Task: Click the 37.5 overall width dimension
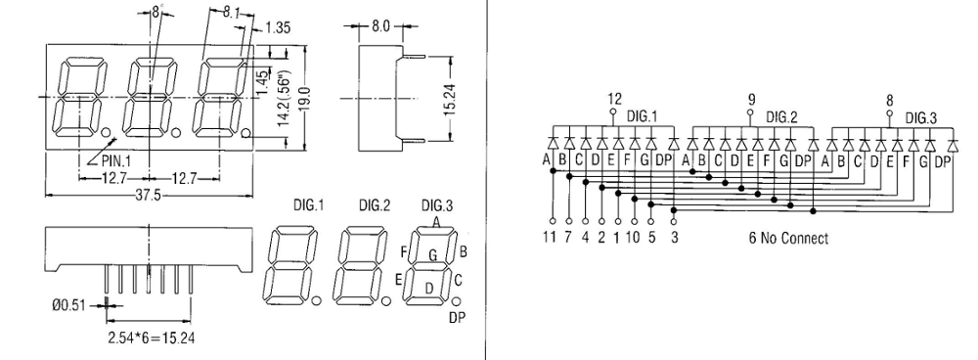[x=149, y=196]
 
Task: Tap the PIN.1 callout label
[x=116, y=161]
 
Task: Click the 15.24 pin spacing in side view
[x=451, y=99]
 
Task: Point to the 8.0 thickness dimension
[x=380, y=26]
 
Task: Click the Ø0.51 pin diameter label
[x=67, y=306]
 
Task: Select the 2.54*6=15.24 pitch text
[x=152, y=338]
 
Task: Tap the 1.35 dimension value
[x=278, y=27]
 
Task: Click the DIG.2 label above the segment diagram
[x=375, y=205]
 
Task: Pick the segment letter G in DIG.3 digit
[x=432, y=254]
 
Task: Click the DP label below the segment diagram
[x=457, y=318]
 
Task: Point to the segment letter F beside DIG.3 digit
[x=403, y=252]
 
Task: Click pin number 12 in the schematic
[x=614, y=99]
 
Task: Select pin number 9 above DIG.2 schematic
[x=751, y=99]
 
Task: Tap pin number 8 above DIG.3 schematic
[x=889, y=100]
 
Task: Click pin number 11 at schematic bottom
[x=550, y=238]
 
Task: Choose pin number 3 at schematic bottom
[x=674, y=238]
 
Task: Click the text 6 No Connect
[x=788, y=238]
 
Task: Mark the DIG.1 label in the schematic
[x=643, y=115]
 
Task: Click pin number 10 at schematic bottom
[x=633, y=238]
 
